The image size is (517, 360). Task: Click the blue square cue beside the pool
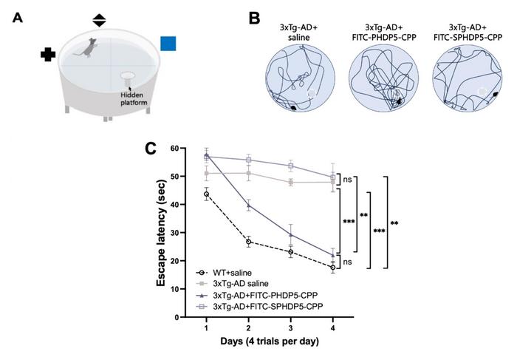click(x=168, y=44)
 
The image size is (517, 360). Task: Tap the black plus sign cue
click(x=48, y=55)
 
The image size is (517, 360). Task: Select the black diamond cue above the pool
click(x=99, y=21)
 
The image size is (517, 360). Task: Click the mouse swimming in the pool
click(x=86, y=47)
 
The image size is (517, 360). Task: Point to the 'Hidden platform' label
click(x=134, y=98)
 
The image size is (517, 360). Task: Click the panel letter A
click(x=18, y=18)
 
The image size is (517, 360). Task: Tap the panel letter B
click(x=254, y=18)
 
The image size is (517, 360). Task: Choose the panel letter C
click(x=151, y=149)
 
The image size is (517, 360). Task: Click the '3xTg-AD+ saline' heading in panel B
click(x=298, y=33)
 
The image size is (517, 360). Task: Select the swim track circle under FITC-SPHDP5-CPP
click(x=468, y=79)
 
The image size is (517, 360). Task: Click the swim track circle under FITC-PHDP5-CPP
click(x=384, y=79)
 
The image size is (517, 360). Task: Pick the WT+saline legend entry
click(x=224, y=273)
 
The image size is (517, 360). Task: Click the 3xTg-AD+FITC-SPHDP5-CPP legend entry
click(x=259, y=306)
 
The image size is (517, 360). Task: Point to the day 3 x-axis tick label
click(x=290, y=328)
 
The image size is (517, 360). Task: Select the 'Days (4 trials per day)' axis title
click(x=270, y=342)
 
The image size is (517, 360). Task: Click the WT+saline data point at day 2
click(x=249, y=242)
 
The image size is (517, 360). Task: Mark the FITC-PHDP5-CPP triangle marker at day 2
click(x=249, y=206)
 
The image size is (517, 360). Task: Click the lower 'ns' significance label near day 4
click(x=347, y=262)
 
